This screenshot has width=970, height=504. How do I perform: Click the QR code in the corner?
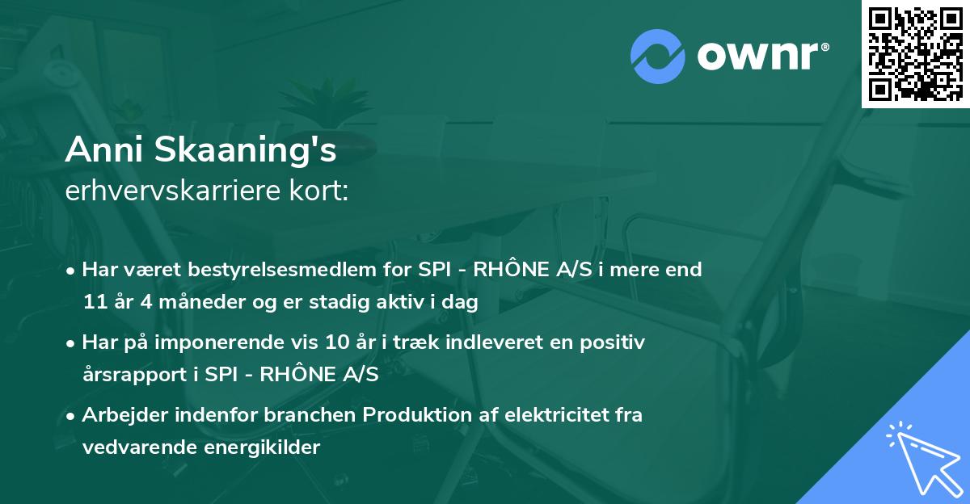point(915,54)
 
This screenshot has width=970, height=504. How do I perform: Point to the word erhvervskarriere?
point(171,191)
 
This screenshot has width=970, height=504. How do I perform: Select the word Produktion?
point(413,415)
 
